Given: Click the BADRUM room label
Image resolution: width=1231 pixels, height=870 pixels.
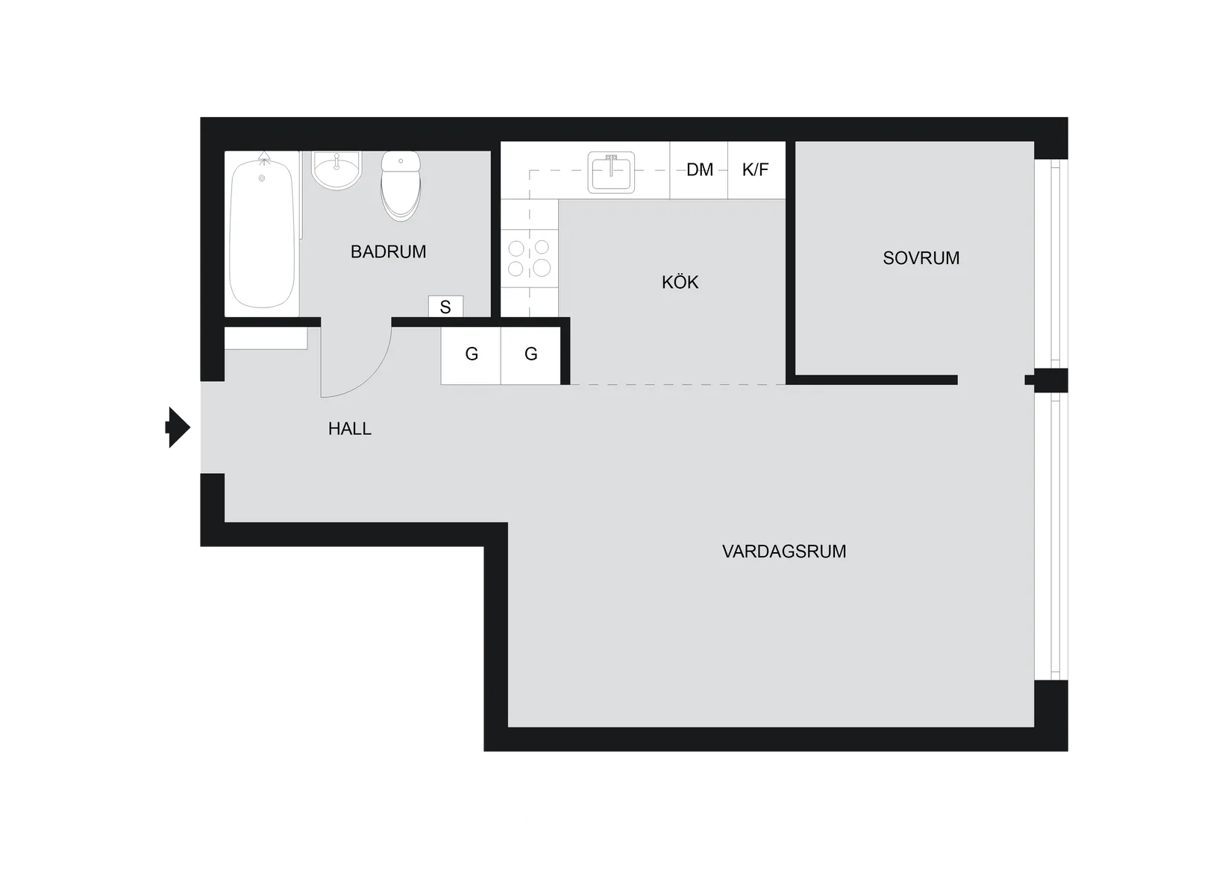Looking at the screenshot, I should [388, 252].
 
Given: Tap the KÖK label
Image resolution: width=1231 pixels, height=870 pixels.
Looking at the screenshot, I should [680, 283].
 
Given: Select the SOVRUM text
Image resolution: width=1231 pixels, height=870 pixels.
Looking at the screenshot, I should [921, 258].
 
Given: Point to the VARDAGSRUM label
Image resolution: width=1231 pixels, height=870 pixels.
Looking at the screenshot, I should [783, 552].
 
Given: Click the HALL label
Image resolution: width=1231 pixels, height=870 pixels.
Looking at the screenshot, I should [349, 429].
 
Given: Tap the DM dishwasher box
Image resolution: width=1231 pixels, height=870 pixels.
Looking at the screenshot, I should [699, 170].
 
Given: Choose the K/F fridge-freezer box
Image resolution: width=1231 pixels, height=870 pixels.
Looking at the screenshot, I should [756, 170].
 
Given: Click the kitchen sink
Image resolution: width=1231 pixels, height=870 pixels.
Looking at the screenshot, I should [611, 172].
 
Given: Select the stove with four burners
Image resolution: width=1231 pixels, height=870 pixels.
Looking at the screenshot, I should [529, 257].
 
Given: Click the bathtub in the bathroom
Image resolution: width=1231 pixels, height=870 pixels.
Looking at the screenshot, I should [261, 235].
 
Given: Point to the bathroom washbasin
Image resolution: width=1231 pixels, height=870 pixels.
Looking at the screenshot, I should [336, 169].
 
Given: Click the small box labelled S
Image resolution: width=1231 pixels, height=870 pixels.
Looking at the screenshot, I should [445, 307].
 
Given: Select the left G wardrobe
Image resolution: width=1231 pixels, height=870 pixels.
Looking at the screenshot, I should [471, 354].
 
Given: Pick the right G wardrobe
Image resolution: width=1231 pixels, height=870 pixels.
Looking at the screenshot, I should [530, 354].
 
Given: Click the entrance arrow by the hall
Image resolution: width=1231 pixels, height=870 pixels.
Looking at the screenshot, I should [176, 428].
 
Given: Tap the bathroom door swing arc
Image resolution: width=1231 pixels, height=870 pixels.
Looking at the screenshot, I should [366, 373].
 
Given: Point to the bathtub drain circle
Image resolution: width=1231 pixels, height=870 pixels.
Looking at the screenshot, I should [262, 178].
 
